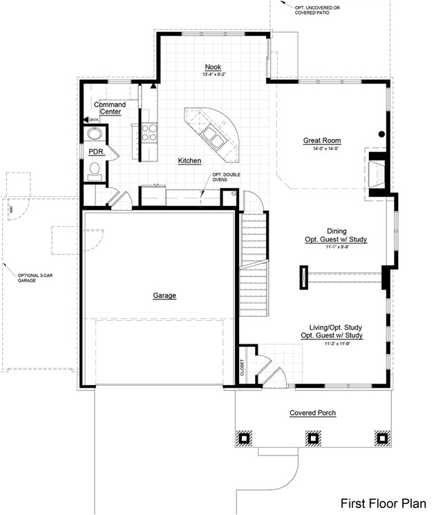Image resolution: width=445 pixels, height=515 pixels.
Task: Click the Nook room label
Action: click(x=211, y=66)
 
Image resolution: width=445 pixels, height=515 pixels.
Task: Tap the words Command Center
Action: click(x=110, y=108)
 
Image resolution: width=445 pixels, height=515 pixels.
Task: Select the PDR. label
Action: click(x=95, y=151)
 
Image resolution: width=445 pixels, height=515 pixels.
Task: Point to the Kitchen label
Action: click(x=189, y=160)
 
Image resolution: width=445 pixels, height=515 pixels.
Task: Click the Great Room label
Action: click(x=322, y=141)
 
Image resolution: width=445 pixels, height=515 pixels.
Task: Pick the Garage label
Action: click(x=164, y=295)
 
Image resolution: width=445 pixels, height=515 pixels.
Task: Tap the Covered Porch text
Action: click(x=312, y=413)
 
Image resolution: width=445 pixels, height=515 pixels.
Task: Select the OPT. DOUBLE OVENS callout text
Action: click(x=226, y=178)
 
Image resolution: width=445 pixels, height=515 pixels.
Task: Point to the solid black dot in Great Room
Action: click(x=381, y=133)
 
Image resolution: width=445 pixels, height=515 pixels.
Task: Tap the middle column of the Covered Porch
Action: click(x=312, y=438)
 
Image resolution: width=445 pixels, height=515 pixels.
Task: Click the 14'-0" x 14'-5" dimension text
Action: click(x=322, y=149)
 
